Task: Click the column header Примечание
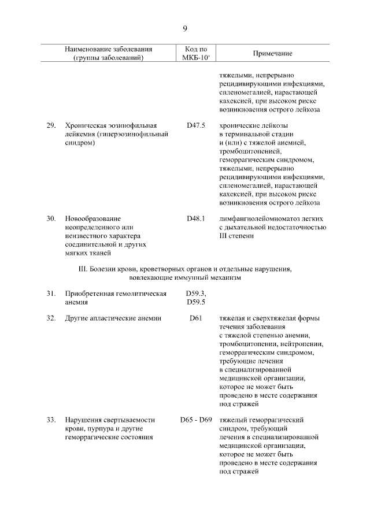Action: point(272,53)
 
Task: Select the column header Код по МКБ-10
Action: point(196,53)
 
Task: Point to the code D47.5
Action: point(196,125)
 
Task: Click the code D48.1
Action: point(196,218)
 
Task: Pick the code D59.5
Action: point(196,302)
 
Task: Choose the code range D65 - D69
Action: point(196,420)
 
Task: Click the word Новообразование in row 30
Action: point(93,218)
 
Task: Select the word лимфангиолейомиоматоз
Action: point(258,218)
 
